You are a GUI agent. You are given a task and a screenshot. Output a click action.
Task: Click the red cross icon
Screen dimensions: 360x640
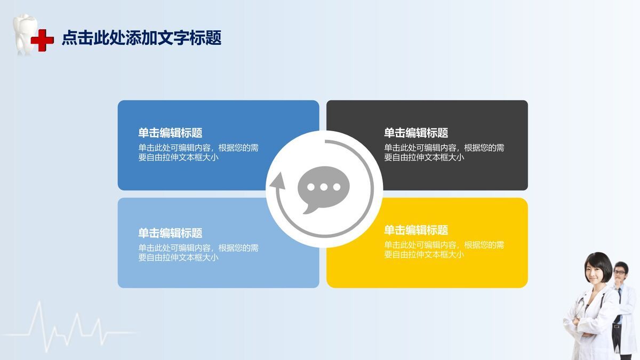tap(42, 41)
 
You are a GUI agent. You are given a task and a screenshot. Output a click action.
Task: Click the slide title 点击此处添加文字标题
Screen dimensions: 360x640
tap(141, 38)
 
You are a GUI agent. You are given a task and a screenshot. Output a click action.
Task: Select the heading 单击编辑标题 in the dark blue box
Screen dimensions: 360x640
tap(170, 133)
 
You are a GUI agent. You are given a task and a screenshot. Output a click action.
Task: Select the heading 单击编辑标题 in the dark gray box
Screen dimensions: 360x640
tap(416, 133)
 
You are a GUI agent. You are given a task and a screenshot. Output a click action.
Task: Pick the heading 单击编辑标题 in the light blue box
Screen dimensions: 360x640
tap(170, 233)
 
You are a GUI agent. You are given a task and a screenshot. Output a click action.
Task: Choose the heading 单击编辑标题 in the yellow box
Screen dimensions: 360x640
tap(416, 230)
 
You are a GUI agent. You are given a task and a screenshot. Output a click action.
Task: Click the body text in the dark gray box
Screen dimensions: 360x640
tap(444, 153)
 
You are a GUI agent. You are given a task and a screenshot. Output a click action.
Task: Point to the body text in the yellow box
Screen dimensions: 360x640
tap(444, 250)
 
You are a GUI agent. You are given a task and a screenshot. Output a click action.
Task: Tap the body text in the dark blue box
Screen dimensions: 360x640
tap(198, 153)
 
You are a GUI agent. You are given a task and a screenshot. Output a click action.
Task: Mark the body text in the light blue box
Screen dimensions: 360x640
tap(198, 252)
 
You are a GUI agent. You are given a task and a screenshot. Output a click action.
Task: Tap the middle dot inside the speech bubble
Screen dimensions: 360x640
tap(323, 187)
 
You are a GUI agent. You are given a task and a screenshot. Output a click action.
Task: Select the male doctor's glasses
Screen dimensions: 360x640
tap(619, 272)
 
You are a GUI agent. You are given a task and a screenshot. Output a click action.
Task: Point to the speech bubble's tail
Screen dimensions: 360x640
tap(308, 210)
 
